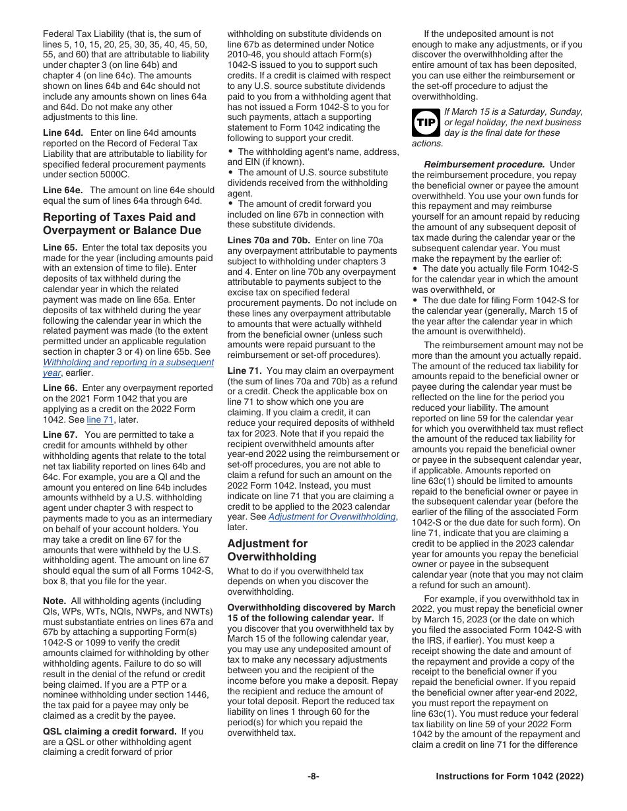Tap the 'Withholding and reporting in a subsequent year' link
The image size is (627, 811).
click(128, 367)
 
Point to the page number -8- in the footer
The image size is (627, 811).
click(313, 777)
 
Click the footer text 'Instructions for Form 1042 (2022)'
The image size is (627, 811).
click(510, 777)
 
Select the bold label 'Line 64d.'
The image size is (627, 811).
click(63, 133)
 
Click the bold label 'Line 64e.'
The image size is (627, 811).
click(63, 190)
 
